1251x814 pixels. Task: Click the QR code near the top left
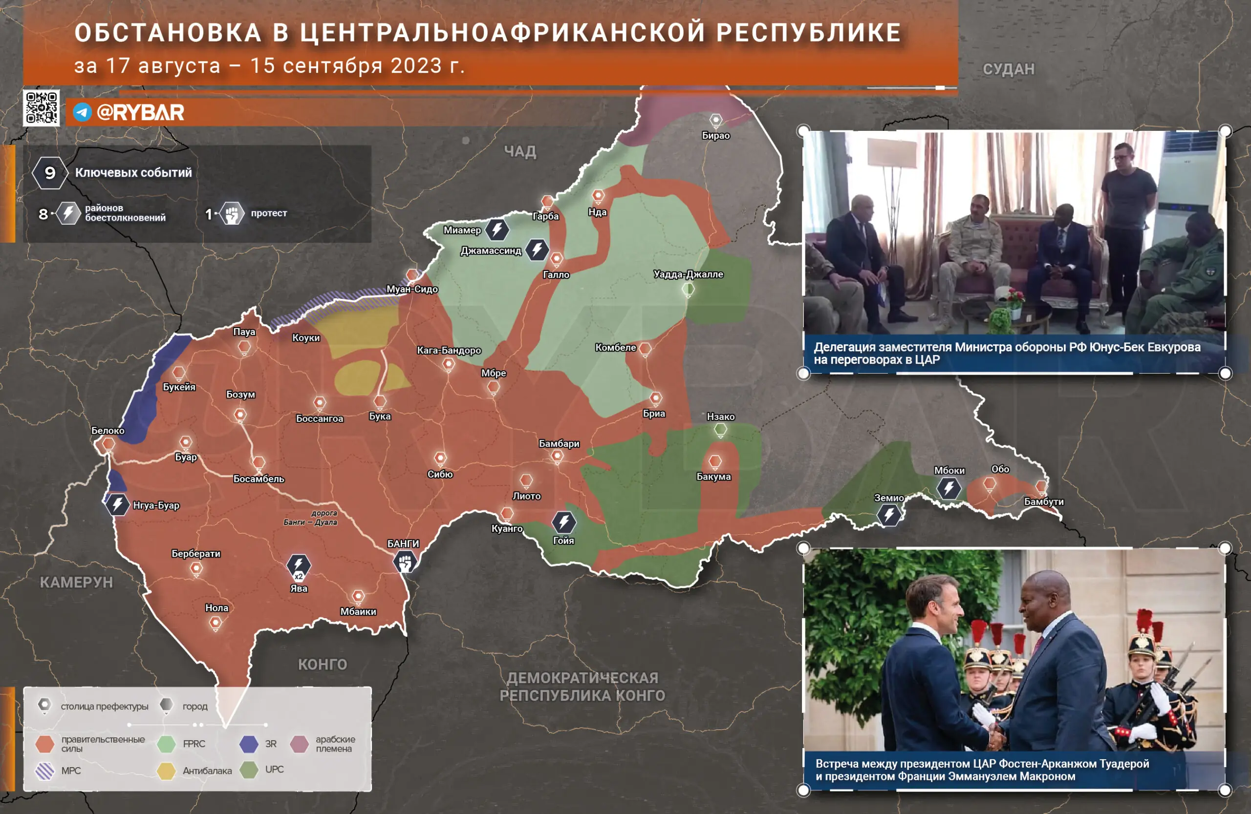coord(42,107)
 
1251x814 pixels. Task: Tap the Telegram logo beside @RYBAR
coord(82,112)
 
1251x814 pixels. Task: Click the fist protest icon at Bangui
coord(405,563)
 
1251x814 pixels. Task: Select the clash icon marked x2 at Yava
coord(299,566)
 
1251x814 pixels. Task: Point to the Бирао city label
coord(715,135)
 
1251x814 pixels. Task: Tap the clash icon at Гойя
coord(563,522)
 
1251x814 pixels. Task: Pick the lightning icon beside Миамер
coord(496,230)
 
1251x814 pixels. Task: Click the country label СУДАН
coord(1008,69)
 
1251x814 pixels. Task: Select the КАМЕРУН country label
coord(76,583)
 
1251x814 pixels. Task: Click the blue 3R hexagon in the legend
coord(249,744)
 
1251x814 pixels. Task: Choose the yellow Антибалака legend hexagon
coord(166,771)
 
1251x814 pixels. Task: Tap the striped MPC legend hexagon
coord(44,771)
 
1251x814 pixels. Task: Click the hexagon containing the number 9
coord(50,173)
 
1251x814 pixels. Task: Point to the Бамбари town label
coord(559,444)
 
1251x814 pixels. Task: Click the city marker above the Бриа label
coord(655,397)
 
